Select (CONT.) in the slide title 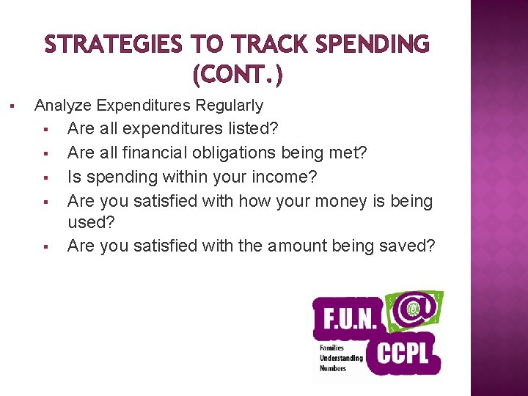tap(237, 74)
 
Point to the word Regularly tap(229, 106)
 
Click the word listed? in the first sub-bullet tap(252, 129)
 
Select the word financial tap(157, 153)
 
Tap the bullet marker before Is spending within tap(45, 177)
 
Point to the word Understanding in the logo tap(340, 358)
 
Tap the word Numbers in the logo tap(332, 368)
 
